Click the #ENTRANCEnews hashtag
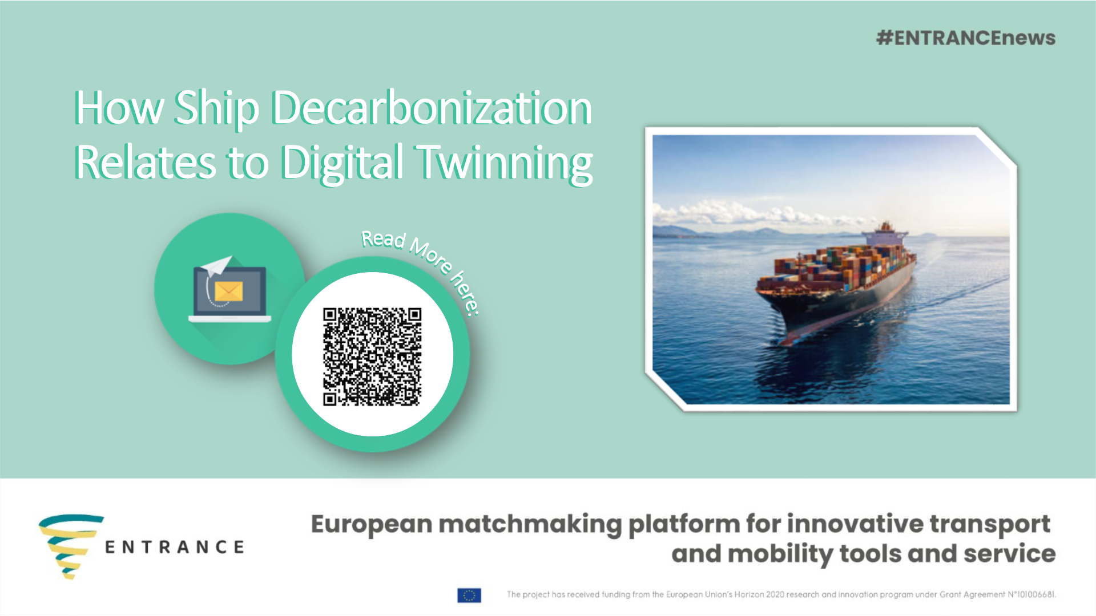coord(966,38)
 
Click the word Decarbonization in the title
coord(432,108)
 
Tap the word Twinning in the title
coord(505,163)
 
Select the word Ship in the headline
coord(216,108)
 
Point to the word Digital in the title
coord(342,163)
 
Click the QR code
coord(372,356)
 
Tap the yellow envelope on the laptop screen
coord(229,291)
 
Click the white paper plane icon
coord(217,265)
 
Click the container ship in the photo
coord(839,279)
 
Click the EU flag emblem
coord(469,595)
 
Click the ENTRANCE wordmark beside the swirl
coord(175,548)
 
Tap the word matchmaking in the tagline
coord(530,524)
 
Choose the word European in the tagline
coord(372,524)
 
